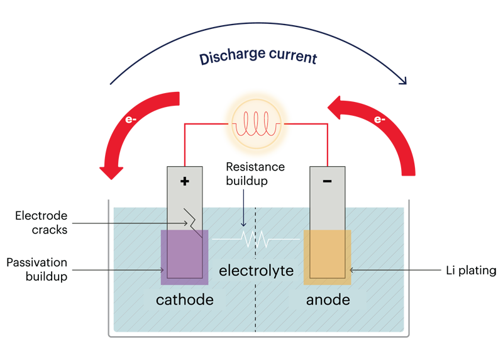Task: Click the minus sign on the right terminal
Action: (x=327, y=181)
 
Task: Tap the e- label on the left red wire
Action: (x=131, y=120)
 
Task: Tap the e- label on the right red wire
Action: (x=379, y=120)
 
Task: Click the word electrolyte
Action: (x=256, y=271)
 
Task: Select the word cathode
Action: (x=184, y=300)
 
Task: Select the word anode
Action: (x=328, y=300)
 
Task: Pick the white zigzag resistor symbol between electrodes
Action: (x=256, y=240)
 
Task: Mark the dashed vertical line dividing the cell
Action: (x=256, y=308)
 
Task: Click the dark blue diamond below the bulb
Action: (x=243, y=198)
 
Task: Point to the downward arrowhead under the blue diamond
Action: (x=243, y=225)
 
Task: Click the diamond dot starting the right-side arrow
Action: (x=406, y=271)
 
